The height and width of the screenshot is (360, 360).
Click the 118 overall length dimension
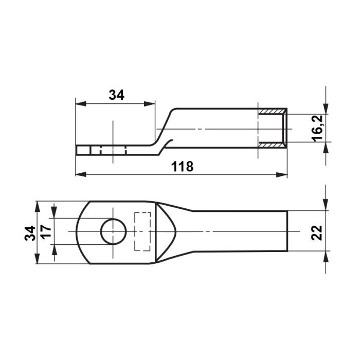click(183, 167)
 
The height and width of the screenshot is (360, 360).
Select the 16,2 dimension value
click(317, 129)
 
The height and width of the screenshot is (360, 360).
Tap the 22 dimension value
click(317, 232)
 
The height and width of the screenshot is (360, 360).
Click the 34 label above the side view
click(116, 95)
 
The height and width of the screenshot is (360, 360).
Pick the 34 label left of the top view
click(30, 233)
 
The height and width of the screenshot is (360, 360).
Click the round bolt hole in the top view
click(114, 231)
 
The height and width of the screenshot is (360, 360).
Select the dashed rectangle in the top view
click(142, 231)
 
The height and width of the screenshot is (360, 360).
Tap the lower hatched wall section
click(272, 145)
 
